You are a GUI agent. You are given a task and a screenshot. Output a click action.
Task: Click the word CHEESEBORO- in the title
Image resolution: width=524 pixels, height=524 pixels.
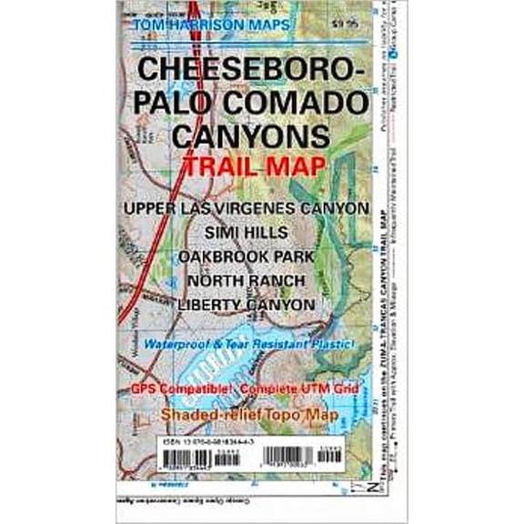(x=251, y=70)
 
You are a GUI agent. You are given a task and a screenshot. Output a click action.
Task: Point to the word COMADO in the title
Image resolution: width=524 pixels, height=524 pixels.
(x=298, y=102)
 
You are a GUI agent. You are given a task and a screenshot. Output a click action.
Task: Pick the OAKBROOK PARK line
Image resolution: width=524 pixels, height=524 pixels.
(x=247, y=257)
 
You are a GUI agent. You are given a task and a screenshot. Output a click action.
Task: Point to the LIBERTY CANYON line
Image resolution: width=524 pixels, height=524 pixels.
(x=247, y=305)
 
